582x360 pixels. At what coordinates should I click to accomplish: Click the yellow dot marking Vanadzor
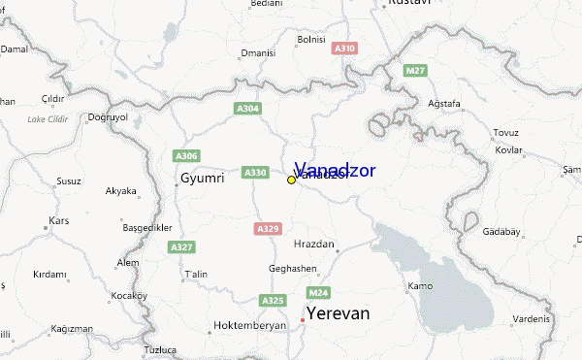click(x=291, y=180)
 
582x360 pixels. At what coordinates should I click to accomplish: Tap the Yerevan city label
click(x=338, y=313)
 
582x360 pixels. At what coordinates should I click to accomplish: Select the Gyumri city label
click(x=202, y=179)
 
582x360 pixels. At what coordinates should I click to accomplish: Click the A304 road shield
click(x=247, y=109)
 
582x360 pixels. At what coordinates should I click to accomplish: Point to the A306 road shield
click(x=185, y=155)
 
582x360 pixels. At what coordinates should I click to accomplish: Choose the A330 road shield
click(x=255, y=172)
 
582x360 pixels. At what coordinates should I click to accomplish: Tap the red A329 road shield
click(x=268, y=228)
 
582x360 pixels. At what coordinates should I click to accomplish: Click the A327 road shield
click(x=182, y=247)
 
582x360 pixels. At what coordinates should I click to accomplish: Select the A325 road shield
click(x=273, y=301)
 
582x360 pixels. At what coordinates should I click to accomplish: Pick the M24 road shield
click(x=318, y=292)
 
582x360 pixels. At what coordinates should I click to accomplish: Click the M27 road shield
click(x=416, y=71)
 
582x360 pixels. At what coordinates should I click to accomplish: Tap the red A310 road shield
click(x=344, y=48)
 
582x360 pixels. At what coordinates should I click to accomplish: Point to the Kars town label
click(x=59, y=221)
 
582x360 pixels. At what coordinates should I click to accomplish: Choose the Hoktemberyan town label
click(x=250, y=326)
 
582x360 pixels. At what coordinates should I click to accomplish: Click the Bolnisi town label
click(x=311, y=40)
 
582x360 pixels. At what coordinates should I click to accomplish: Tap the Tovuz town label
click(x=506, y=132)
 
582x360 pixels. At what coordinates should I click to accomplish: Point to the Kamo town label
click(x=420, y=285)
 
